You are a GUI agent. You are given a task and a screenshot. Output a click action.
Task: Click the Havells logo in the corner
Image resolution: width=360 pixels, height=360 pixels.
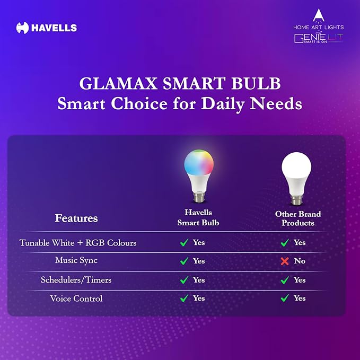46,28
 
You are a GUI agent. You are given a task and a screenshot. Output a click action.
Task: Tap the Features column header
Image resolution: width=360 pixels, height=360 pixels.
76,218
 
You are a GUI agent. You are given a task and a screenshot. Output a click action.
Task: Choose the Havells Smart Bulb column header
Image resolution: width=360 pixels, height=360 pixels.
198,218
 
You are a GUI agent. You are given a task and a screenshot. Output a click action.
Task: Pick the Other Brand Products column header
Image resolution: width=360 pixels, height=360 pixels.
298,218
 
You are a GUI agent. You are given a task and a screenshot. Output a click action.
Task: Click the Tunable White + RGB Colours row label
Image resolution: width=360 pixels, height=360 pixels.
78,243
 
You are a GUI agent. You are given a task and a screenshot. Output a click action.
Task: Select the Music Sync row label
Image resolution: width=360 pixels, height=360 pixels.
76,261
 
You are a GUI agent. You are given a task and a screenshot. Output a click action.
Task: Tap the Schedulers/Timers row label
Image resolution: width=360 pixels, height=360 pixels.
76,279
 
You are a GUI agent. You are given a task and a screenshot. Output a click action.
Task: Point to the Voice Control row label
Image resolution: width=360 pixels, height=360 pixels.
76,298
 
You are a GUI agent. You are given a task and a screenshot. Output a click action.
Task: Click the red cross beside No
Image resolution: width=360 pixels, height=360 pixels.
285,261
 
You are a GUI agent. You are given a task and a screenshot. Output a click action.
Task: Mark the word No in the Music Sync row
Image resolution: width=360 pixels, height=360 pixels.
300,261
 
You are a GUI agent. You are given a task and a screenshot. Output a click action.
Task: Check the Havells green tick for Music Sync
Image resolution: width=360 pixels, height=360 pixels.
184,261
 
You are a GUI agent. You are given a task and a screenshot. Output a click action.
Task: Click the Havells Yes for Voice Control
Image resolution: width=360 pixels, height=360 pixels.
199,298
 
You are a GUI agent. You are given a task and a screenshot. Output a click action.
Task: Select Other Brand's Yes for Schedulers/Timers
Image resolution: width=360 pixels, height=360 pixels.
300,280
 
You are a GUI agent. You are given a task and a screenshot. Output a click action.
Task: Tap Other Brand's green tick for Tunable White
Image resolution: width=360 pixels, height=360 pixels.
285,243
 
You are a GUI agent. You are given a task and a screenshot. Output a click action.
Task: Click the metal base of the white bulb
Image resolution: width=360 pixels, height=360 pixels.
297,201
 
